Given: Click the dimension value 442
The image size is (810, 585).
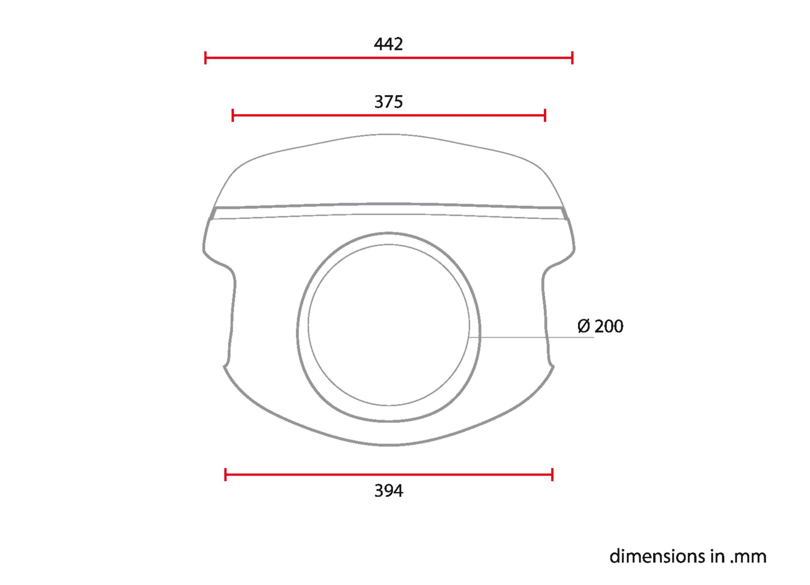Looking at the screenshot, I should (x=388, y=44).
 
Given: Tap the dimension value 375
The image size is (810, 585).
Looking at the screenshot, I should (x=388, y=102).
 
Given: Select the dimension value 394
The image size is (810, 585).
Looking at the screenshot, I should (x=388, y=491).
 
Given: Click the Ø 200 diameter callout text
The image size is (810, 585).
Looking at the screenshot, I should (x=600, y=326).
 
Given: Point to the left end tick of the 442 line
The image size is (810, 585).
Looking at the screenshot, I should (x=206, y=57).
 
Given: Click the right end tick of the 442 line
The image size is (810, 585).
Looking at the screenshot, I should (x=572, y=57).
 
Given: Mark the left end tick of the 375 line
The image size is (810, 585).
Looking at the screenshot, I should (x=233, y=115).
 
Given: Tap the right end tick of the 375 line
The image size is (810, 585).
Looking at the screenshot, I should (x=545, y=115).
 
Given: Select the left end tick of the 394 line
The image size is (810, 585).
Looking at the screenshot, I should (x=225, y=475).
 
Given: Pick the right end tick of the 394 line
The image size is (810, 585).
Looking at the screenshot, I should (x=552, y=475).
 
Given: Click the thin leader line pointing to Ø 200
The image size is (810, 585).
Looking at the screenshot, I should (x=533, y=337).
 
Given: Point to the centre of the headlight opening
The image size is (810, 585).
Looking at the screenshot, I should (x=388, y=326).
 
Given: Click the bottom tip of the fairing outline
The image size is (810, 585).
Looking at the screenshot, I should (x=388, y=445).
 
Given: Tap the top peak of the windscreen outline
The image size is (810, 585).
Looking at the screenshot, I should (x=388, y=134).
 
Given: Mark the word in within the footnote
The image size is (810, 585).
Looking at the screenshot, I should (x=718, y=556).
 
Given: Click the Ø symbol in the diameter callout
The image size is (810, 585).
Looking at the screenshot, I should (x=584, y=326).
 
